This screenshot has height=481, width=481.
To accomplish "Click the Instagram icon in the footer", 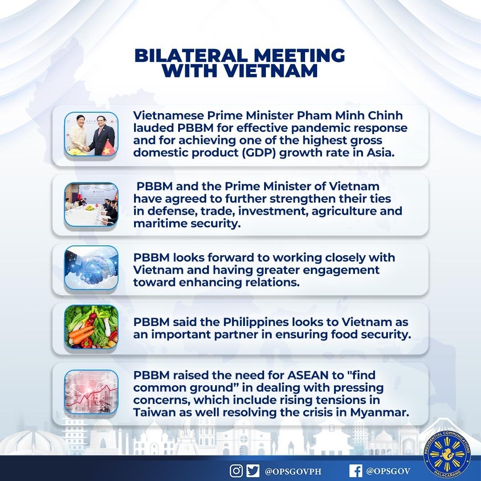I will tap(236, 470).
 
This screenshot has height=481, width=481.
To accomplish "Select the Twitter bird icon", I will tap(253, 470).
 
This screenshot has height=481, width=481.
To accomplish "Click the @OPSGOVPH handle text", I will tap(290, 470).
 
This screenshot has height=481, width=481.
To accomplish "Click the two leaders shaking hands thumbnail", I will tap(91, 134).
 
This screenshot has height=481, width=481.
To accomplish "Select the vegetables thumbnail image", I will tap(91, 326).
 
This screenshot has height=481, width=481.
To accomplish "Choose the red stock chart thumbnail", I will tap(91, 392).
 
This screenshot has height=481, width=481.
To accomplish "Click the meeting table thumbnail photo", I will tap(91, 204).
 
